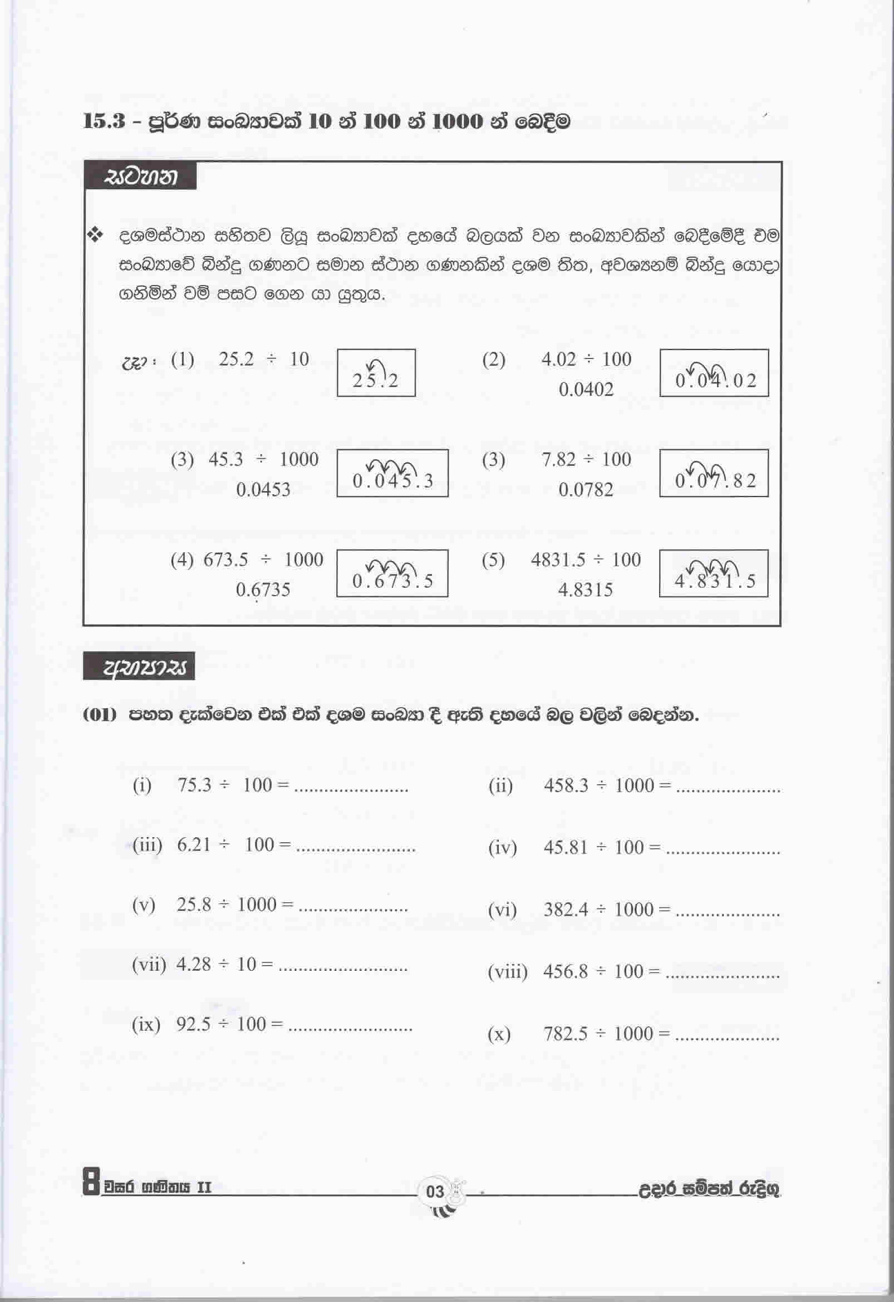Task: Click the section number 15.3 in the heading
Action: (104, 121)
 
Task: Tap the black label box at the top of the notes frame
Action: (141, 177)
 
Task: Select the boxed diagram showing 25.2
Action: (376, 373)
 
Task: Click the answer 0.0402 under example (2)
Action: (586, 389)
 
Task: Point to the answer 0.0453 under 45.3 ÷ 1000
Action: (263, 490)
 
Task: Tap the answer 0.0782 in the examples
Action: (586, 490)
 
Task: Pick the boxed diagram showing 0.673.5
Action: (392, 573)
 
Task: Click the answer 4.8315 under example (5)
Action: (586, 590)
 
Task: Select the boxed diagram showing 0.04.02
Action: (714, 373)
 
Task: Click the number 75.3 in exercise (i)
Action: (194, 785)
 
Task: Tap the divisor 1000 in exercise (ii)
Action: (634, 785)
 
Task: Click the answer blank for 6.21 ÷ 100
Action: (355, 847)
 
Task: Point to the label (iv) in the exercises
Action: (502, 848)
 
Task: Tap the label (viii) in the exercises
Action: (508, 971)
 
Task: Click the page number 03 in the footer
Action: (435, 1192)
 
